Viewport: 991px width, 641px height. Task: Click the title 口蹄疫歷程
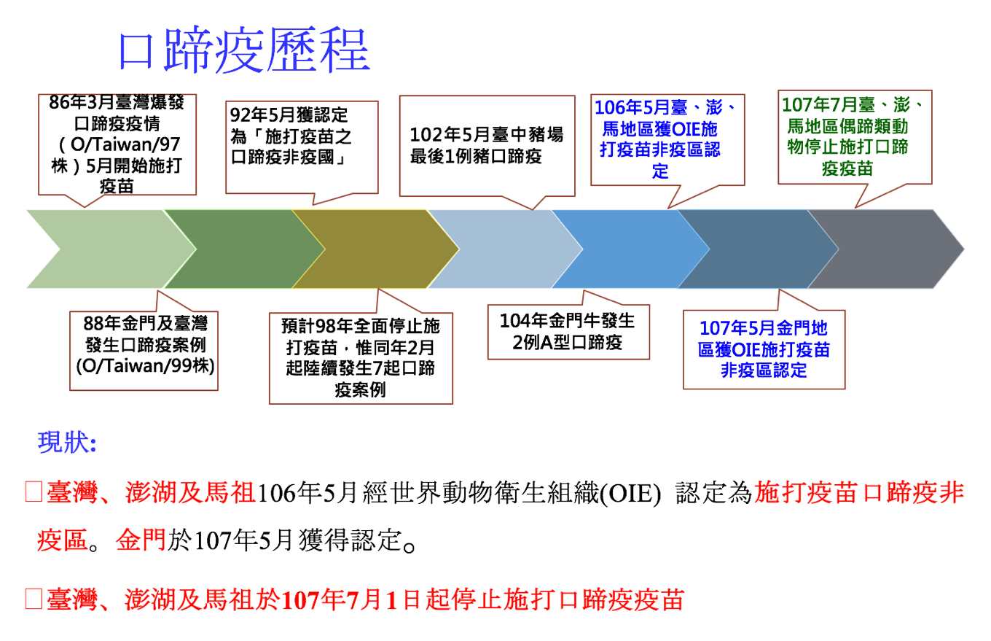coord(244,50)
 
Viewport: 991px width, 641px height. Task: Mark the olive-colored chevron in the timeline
coord(376,249)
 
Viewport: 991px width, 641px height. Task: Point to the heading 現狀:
coord(67,442)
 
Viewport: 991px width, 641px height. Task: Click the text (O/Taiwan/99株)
coord(145,366)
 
